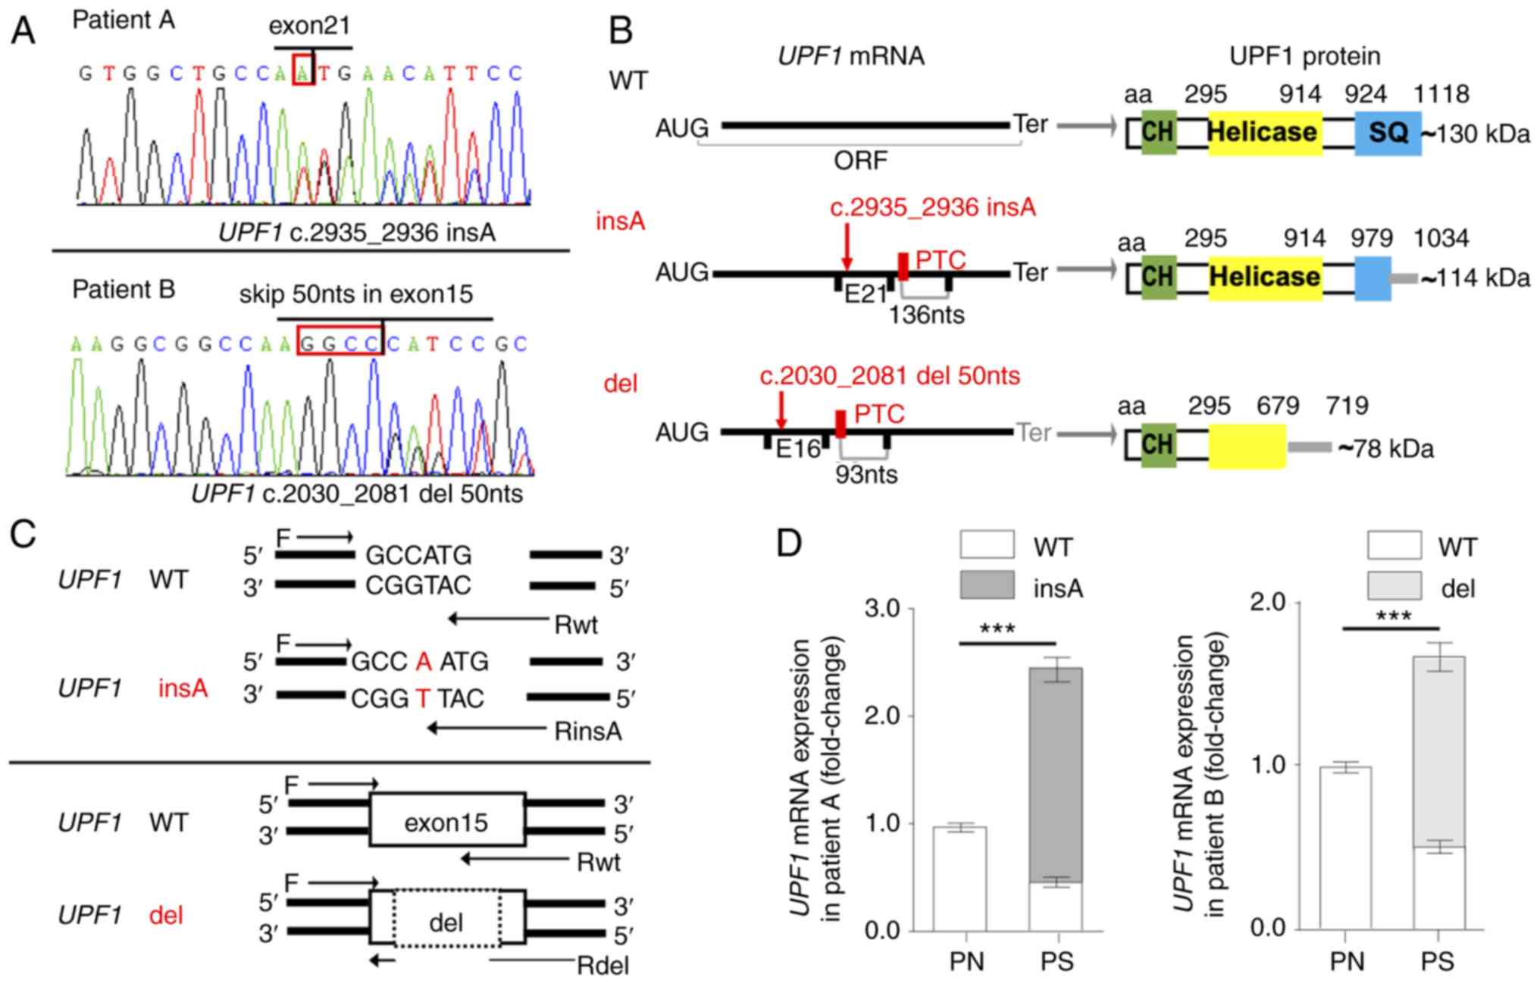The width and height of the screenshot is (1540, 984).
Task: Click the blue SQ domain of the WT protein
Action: [1388, 133]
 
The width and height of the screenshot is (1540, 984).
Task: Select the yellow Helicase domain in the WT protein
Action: [1264, 133]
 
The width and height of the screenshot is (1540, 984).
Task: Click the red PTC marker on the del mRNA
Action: [840, 424]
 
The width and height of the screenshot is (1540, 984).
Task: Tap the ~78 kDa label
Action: [1385, 449]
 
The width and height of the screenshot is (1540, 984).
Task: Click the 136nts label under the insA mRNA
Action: [926, 314]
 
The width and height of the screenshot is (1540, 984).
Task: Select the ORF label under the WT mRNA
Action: [860, 161]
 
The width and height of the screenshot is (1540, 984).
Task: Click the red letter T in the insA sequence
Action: [423, 698]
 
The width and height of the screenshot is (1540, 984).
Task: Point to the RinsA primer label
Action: [588, 732]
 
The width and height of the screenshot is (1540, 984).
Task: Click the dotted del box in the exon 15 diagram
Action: [446, 923]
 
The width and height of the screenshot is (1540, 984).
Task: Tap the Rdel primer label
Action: [603, 966]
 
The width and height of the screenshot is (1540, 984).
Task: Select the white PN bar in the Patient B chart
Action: [1345, 848]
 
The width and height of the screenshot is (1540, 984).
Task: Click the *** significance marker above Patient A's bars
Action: [997, 629]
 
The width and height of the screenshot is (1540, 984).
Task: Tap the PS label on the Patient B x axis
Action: [1437, 962]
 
